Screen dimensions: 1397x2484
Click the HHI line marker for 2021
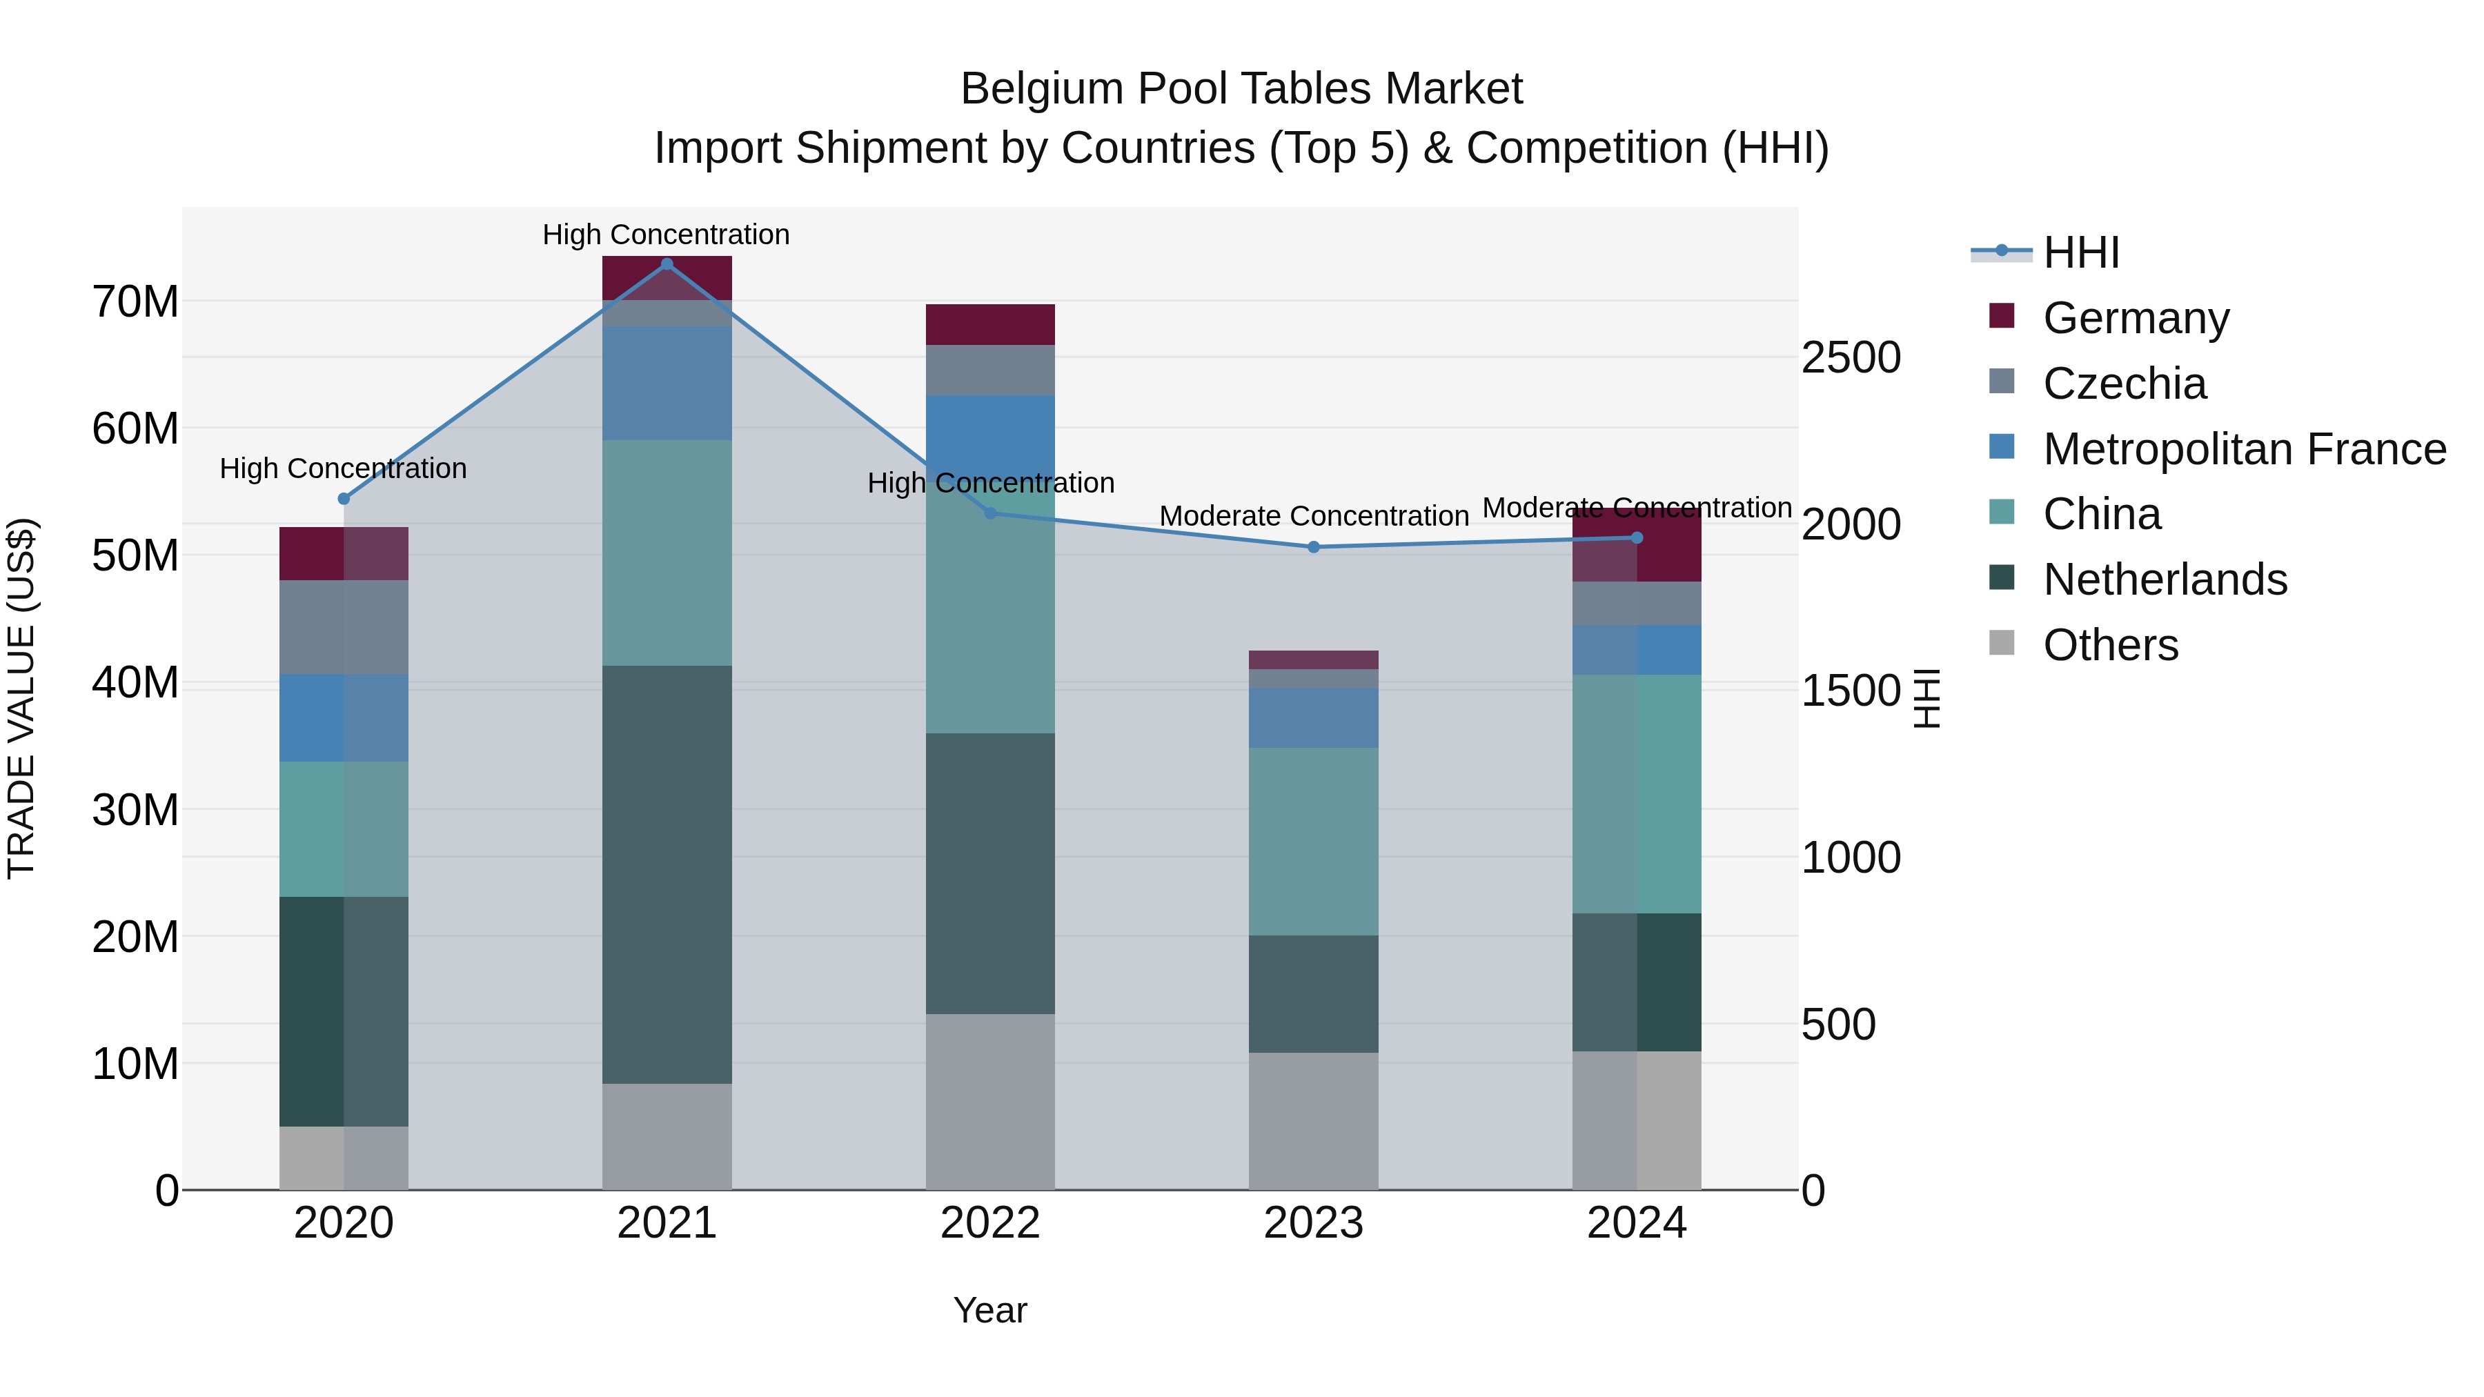point(667,264)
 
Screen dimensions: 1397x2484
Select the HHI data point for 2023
point(1313,546)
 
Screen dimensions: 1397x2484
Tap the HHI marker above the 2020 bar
point(344,499)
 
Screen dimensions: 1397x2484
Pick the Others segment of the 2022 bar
point(989,1101)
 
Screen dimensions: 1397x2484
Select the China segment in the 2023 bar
point(1313,841)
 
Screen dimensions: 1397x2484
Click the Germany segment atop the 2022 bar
point(989,324)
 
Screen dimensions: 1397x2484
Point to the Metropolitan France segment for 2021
point(667,383)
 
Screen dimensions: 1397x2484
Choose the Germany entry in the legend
point(2135,318)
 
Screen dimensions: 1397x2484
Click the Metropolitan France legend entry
point(2244,449)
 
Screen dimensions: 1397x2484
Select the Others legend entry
point(2110,645)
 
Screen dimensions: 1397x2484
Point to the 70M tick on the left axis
point(135,301)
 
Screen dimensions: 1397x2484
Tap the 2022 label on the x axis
point(989,1223)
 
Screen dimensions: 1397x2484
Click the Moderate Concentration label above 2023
point(1313,516)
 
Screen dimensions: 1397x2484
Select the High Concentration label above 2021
point(667,235)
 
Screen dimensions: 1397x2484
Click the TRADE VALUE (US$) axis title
point(21,698)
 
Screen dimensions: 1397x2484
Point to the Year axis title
point(989,1310)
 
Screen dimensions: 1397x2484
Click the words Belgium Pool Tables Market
point(1241,89)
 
